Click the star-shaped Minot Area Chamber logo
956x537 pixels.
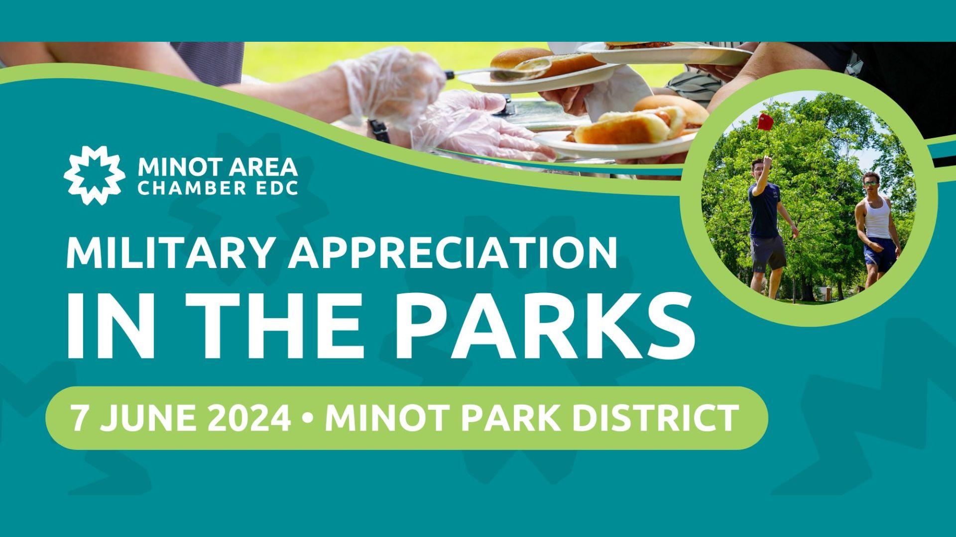(x=94, y=176)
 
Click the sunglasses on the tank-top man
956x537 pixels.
(x=870, y=184)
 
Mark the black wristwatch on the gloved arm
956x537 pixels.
(x=379, y=131)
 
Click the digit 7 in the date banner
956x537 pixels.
(x=80, y=418)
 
